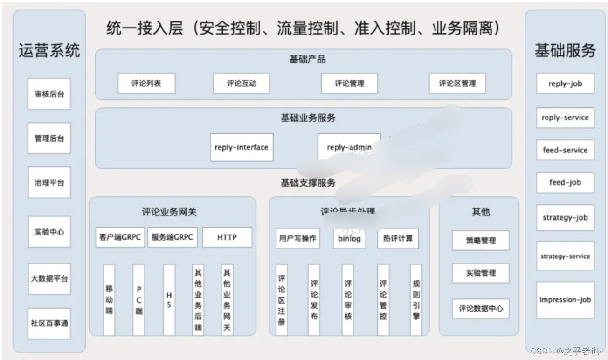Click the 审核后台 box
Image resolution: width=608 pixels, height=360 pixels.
[49, 94]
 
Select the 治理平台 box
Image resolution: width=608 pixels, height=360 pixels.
[49, 182]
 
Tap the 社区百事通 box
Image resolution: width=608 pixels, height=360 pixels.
[49, 323]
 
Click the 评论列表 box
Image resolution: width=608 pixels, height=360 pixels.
[146, 84]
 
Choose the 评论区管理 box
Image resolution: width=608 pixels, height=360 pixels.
[457, 84]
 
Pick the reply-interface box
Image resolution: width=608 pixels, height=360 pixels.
[242, 147]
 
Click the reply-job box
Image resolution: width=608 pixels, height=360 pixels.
[565, 84]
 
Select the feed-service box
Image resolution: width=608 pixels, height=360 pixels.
[565, 150]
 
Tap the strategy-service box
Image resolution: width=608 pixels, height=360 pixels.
[565, 256]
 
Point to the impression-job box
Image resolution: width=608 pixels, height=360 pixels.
[565, 300]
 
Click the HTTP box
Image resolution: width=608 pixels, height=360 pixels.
[227, 237]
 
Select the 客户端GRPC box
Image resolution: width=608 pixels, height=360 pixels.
[120, 237]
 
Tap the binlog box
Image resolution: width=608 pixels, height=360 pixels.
[349, 239]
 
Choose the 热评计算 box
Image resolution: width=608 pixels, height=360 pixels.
[398, 239]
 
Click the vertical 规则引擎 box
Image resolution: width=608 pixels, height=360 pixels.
[416, 299]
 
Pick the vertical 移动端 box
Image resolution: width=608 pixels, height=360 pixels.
[109, 299]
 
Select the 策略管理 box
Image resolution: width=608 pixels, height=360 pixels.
[481, 241]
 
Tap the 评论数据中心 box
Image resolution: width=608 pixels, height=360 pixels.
[481, 308]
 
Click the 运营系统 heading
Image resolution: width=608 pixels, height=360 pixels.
[49, 50]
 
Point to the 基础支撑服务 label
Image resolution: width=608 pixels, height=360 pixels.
[308, 183]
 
